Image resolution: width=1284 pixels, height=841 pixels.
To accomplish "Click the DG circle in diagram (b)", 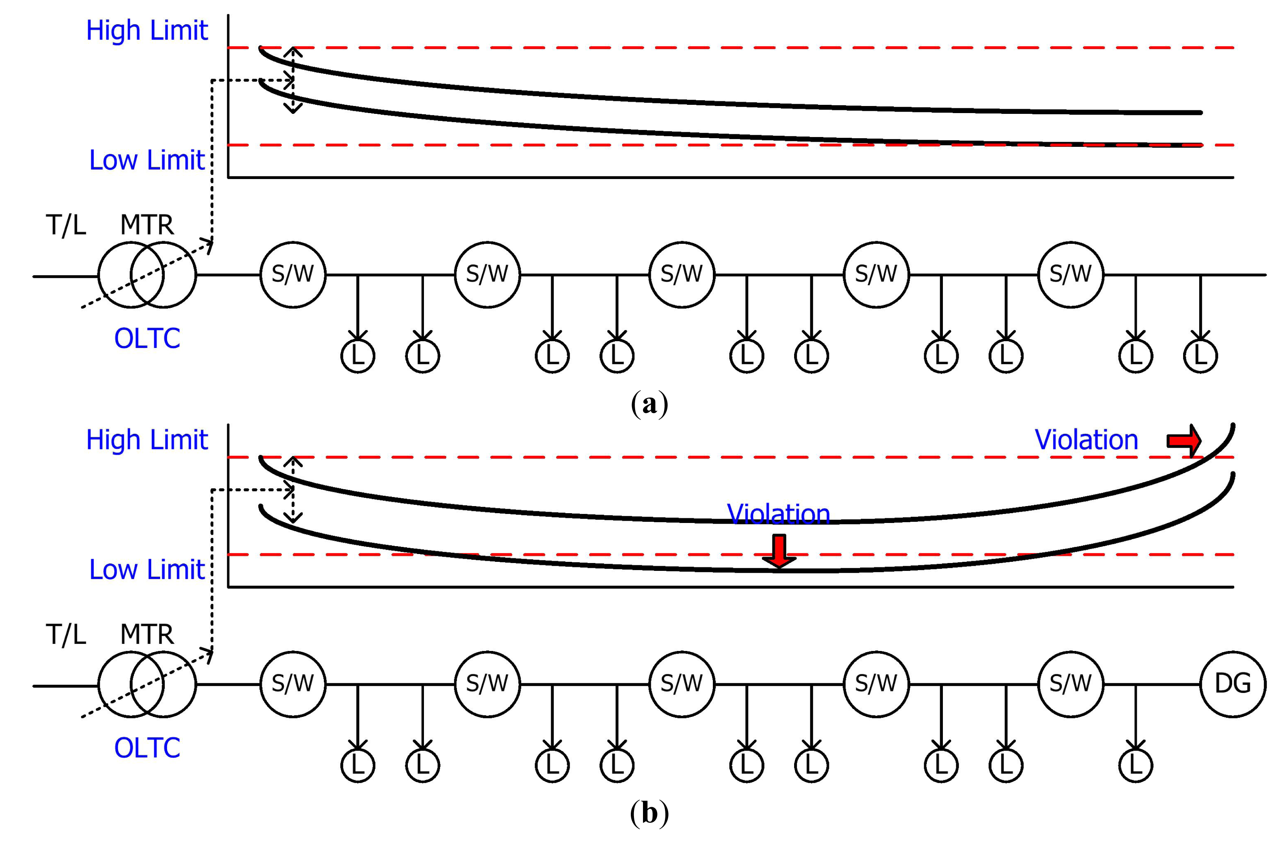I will coord(1233,684).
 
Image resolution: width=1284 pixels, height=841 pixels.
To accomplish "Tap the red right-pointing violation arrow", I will coord(1184,441).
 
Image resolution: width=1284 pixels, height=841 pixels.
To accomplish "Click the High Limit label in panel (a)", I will coord(147,30).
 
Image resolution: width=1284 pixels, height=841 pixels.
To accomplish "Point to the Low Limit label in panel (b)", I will coord(147,569).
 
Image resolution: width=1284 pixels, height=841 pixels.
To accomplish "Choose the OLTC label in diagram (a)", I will coord(147,338).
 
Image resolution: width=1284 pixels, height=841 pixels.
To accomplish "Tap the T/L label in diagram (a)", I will coord(66,225).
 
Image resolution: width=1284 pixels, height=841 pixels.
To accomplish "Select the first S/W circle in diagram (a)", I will coord(293,274).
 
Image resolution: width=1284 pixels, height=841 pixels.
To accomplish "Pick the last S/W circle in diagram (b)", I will coord(1071,684).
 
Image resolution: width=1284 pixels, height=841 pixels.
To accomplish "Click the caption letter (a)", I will coord(650,404).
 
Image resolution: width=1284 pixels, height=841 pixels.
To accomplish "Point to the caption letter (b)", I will coord(650,813).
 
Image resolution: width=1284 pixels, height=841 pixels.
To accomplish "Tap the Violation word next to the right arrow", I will coord(1086,440).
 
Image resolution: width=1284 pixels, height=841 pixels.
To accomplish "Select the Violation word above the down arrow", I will coord(778,514).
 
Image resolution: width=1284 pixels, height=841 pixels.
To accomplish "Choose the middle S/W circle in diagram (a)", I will coord(682,274).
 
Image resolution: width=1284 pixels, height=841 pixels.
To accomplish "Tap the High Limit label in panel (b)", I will coord(147,440).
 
